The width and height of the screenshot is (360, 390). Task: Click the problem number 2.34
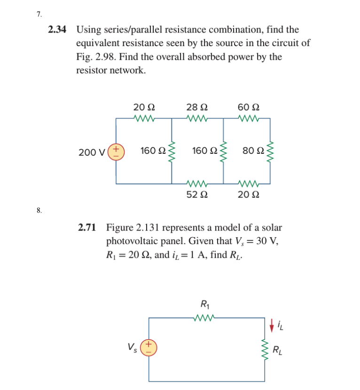click(57, 30)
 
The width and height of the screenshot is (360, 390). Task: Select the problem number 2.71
click(87, 228)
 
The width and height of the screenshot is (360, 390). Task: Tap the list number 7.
click(39, 14)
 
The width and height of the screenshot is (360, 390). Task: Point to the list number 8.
click(39, 210)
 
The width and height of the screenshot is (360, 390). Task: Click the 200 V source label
click(92, 152)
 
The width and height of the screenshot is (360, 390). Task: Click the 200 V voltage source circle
click(116, 151)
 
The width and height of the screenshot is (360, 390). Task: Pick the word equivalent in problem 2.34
click(98, 44)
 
